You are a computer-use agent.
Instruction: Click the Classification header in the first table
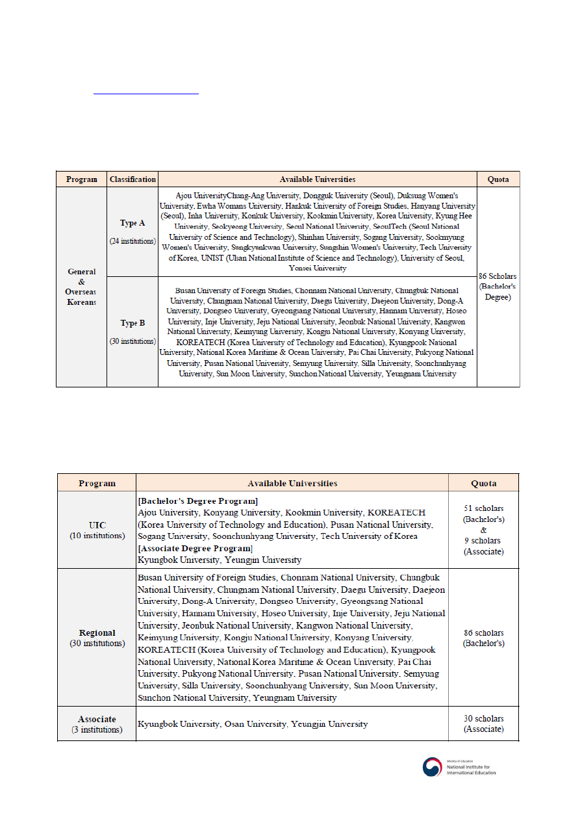coord(132,179)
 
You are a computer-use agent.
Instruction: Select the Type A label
coord(132,223)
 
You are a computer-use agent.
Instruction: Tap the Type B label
coord(132,323)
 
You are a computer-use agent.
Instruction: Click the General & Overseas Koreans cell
coord(81,287)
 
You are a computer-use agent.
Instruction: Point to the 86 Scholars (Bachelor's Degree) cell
coord(498,287)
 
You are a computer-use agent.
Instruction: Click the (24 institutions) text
coord(132,241)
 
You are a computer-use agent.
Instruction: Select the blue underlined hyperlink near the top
coord(146,93)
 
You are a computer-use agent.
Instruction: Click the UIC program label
coord(97,525)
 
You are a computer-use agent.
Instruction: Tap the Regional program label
coord(97,632)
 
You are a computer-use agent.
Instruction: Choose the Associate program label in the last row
coord(97,719)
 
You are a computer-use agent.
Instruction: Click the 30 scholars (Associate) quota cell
coord(483,723)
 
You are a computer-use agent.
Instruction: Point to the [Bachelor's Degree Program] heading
coord(197,501)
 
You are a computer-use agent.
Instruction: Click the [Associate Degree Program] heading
coord(195,548)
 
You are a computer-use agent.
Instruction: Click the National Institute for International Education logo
coord(460,767)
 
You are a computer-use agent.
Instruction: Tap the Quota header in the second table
coord(483,483)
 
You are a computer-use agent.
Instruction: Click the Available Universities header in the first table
coord(317,179)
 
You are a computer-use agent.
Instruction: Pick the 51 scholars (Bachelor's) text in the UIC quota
coord(483,514)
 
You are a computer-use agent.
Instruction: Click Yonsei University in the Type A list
coord(318,268)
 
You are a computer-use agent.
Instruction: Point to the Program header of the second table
coord(97,483)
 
